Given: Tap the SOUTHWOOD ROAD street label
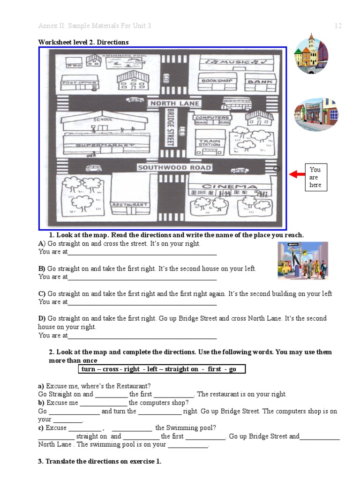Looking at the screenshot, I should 175,167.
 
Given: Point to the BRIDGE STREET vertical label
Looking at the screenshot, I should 170,127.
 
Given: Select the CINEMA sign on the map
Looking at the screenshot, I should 229,187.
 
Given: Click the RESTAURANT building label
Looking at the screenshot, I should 129,205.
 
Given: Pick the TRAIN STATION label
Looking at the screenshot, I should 209,143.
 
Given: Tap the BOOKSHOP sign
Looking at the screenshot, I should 217,81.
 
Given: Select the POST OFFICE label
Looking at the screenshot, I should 79,83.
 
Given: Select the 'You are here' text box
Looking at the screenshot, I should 315,178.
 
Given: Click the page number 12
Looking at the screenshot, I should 338,26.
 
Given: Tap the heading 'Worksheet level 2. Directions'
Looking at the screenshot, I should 83,42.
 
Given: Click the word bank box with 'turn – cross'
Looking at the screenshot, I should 161,369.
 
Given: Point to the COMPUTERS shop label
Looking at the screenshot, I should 212,118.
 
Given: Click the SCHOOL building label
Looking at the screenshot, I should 103,120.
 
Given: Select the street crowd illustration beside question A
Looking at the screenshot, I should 302,260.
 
